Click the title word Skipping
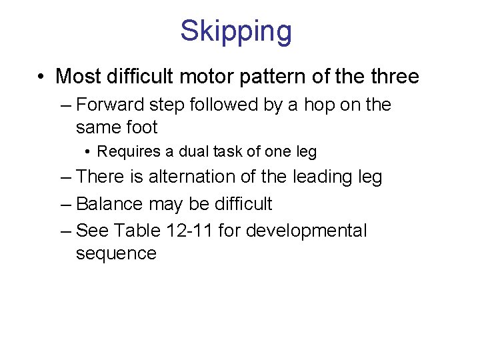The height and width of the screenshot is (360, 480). tap(236, 32)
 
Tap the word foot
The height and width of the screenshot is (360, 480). tap(141, 127)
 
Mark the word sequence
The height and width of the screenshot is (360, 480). tap(116, 253)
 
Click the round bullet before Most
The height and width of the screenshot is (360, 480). tap(42, 77)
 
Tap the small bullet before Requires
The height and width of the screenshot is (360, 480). tap(89, 153)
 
